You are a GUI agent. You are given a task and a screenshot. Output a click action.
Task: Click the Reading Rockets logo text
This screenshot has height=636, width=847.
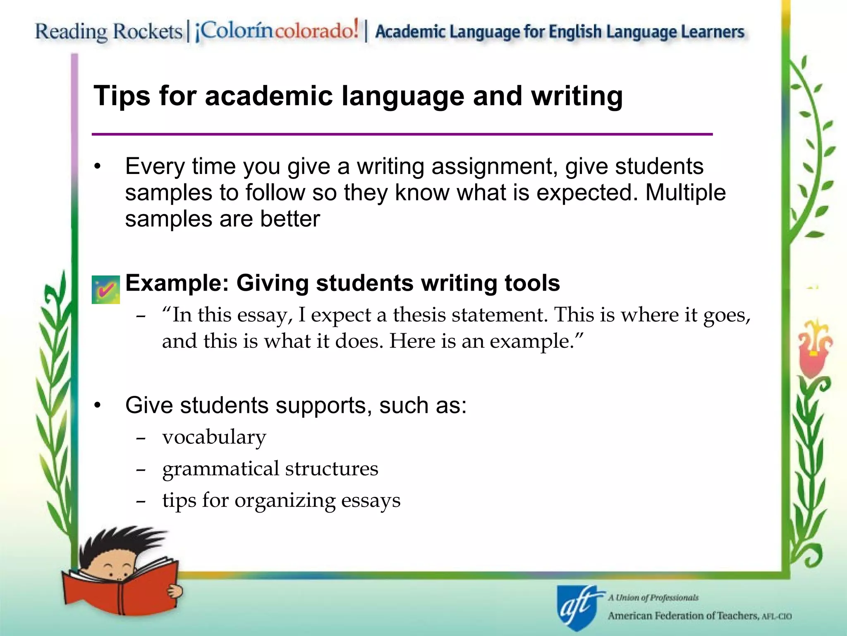[x=108, y=31]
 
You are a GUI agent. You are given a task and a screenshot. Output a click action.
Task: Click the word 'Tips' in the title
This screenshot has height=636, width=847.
[x=122, y=96]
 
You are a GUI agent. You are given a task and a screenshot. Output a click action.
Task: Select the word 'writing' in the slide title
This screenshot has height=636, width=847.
[x=577, y=96]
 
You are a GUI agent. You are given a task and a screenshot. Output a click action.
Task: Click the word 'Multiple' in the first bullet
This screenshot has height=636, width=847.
[x=685, y=193]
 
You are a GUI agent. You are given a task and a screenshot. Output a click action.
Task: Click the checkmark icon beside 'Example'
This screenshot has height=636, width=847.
[x=105, y=289]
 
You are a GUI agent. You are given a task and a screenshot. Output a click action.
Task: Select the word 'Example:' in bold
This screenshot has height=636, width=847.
[x=177, y=283]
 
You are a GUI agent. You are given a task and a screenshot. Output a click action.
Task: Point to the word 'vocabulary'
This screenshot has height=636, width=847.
[x=214, y=437]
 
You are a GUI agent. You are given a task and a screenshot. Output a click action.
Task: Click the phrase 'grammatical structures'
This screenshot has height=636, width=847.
[x=270, y=469]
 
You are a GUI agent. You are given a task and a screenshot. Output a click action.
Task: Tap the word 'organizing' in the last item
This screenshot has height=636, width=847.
[x=285, y=501]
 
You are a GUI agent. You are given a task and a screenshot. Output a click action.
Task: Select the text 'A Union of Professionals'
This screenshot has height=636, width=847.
[x=653, y=597]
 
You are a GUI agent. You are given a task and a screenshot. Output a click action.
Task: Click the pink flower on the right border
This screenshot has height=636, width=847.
[x=813, y=352]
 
